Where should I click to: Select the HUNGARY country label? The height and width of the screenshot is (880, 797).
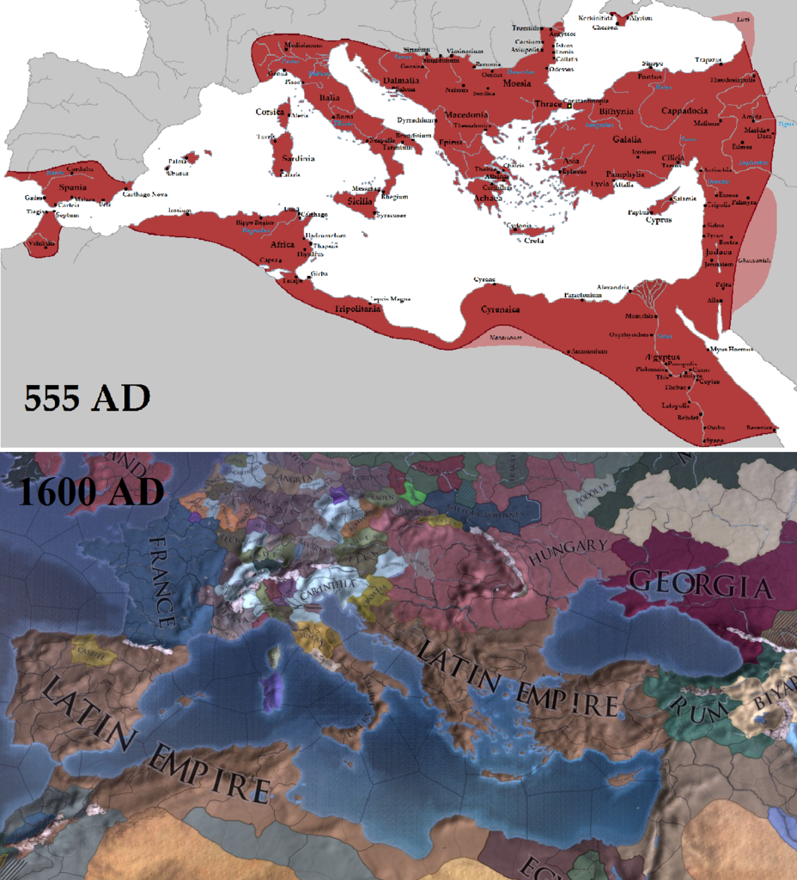pyautogui.click(x=568, y=550)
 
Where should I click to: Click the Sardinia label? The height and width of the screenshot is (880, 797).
pyautogui.click(x=296, y=159)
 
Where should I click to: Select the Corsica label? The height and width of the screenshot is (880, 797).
pyautogui.click(x=270, y=112)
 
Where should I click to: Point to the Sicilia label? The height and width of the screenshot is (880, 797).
pyautogui.click(x=361, y=201)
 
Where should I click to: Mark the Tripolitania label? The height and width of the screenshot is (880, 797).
pyautogui.click(x=358, y=309)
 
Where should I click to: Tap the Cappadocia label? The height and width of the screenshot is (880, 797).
pyautogui.click(x=684, y=111)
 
